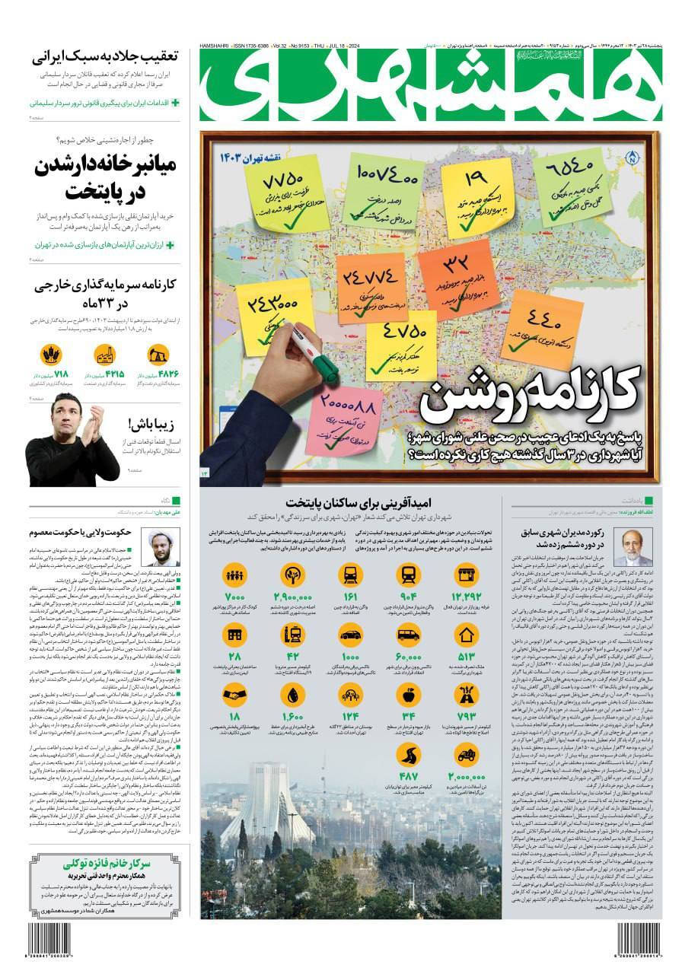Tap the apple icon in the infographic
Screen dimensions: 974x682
click(408, 694)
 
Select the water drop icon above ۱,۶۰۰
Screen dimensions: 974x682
click(292, 694)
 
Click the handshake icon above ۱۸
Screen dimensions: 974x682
click(234, 694)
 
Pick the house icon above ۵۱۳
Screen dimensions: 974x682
click(466, 634)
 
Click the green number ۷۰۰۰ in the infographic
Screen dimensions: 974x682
click(234, 596)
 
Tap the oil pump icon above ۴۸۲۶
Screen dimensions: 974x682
click(159, 355)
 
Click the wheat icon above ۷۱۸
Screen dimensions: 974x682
click(51, 355)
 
